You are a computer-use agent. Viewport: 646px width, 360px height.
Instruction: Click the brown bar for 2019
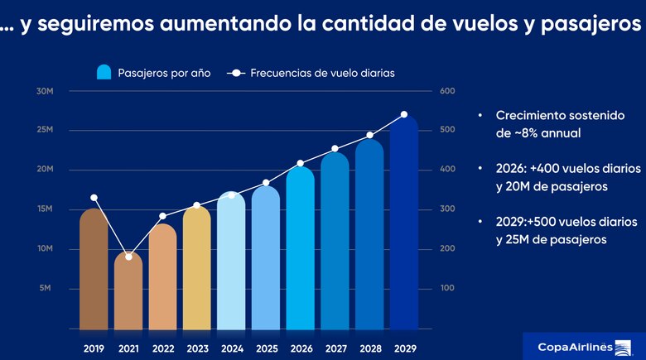click(x=94, y=269)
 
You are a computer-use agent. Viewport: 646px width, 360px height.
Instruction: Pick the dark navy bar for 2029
click(x=403, y=223)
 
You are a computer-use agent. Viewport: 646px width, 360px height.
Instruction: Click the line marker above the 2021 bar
click(x=128, y=257)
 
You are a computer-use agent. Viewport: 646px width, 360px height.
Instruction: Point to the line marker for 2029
click(x=404, y=114)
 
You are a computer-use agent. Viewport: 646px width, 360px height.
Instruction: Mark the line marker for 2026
click(x=301, y=163)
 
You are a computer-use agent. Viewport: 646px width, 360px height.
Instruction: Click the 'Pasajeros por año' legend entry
click(x=153, y=73)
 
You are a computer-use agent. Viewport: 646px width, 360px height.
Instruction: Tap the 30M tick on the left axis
click(x=45, y=90)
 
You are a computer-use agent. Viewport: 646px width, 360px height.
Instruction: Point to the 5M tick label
click(x=46, y=289)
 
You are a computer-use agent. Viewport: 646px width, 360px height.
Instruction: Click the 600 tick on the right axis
click(x=447, y=90)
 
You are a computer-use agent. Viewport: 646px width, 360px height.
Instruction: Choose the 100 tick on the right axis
click(x=447, y=289)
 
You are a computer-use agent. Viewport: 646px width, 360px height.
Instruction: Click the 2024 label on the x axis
click(x=232, y=348)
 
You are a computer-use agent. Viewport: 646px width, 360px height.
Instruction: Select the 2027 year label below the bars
click(x=335, y=348)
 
